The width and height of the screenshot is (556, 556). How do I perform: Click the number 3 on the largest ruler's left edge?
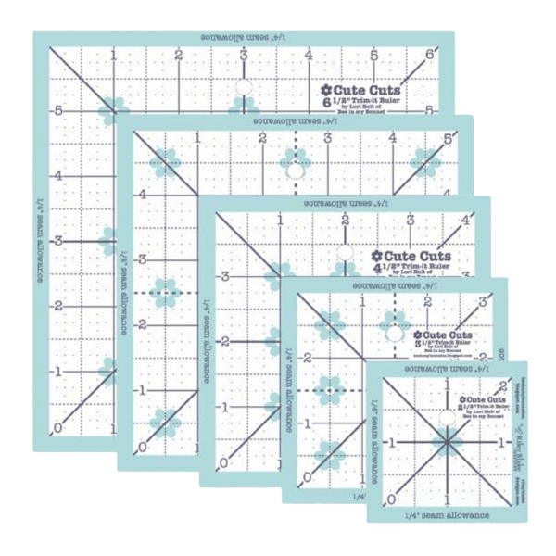60,240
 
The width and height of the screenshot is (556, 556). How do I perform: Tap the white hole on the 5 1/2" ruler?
294,171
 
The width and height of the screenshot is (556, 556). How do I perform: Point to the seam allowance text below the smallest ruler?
445,511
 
